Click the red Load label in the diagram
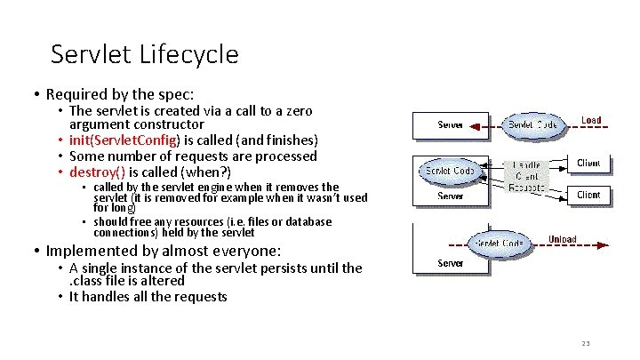[x=590, y=120]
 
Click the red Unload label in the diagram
[x=561, y=238]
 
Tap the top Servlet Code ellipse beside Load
[x=532, y=124]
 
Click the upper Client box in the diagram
[x=588, y=164]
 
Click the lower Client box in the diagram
[x=588, y=194]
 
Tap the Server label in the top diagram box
[x=450, y=124]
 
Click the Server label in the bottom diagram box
[x=450, y=263]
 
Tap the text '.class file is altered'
[x=127, y=280]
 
